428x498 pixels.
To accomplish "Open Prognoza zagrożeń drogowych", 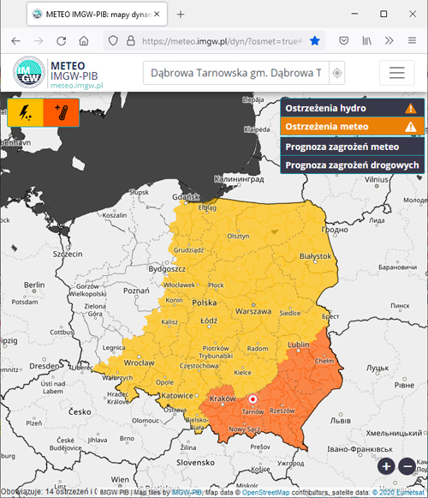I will click(351, 164).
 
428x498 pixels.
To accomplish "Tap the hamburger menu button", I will click(395, 73).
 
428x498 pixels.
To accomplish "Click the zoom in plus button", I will click(386, 466).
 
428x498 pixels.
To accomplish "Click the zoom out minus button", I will click(407, 466).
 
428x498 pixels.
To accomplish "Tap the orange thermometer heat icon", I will click(61, 112).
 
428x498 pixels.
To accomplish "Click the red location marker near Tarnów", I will click(253, 399).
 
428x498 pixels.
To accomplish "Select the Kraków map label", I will click(222, 400).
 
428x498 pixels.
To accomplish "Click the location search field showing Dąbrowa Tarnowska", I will click(235, 73).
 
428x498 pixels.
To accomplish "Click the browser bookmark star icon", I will click(314, 40).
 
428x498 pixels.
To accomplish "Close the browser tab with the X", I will click(157, 15).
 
